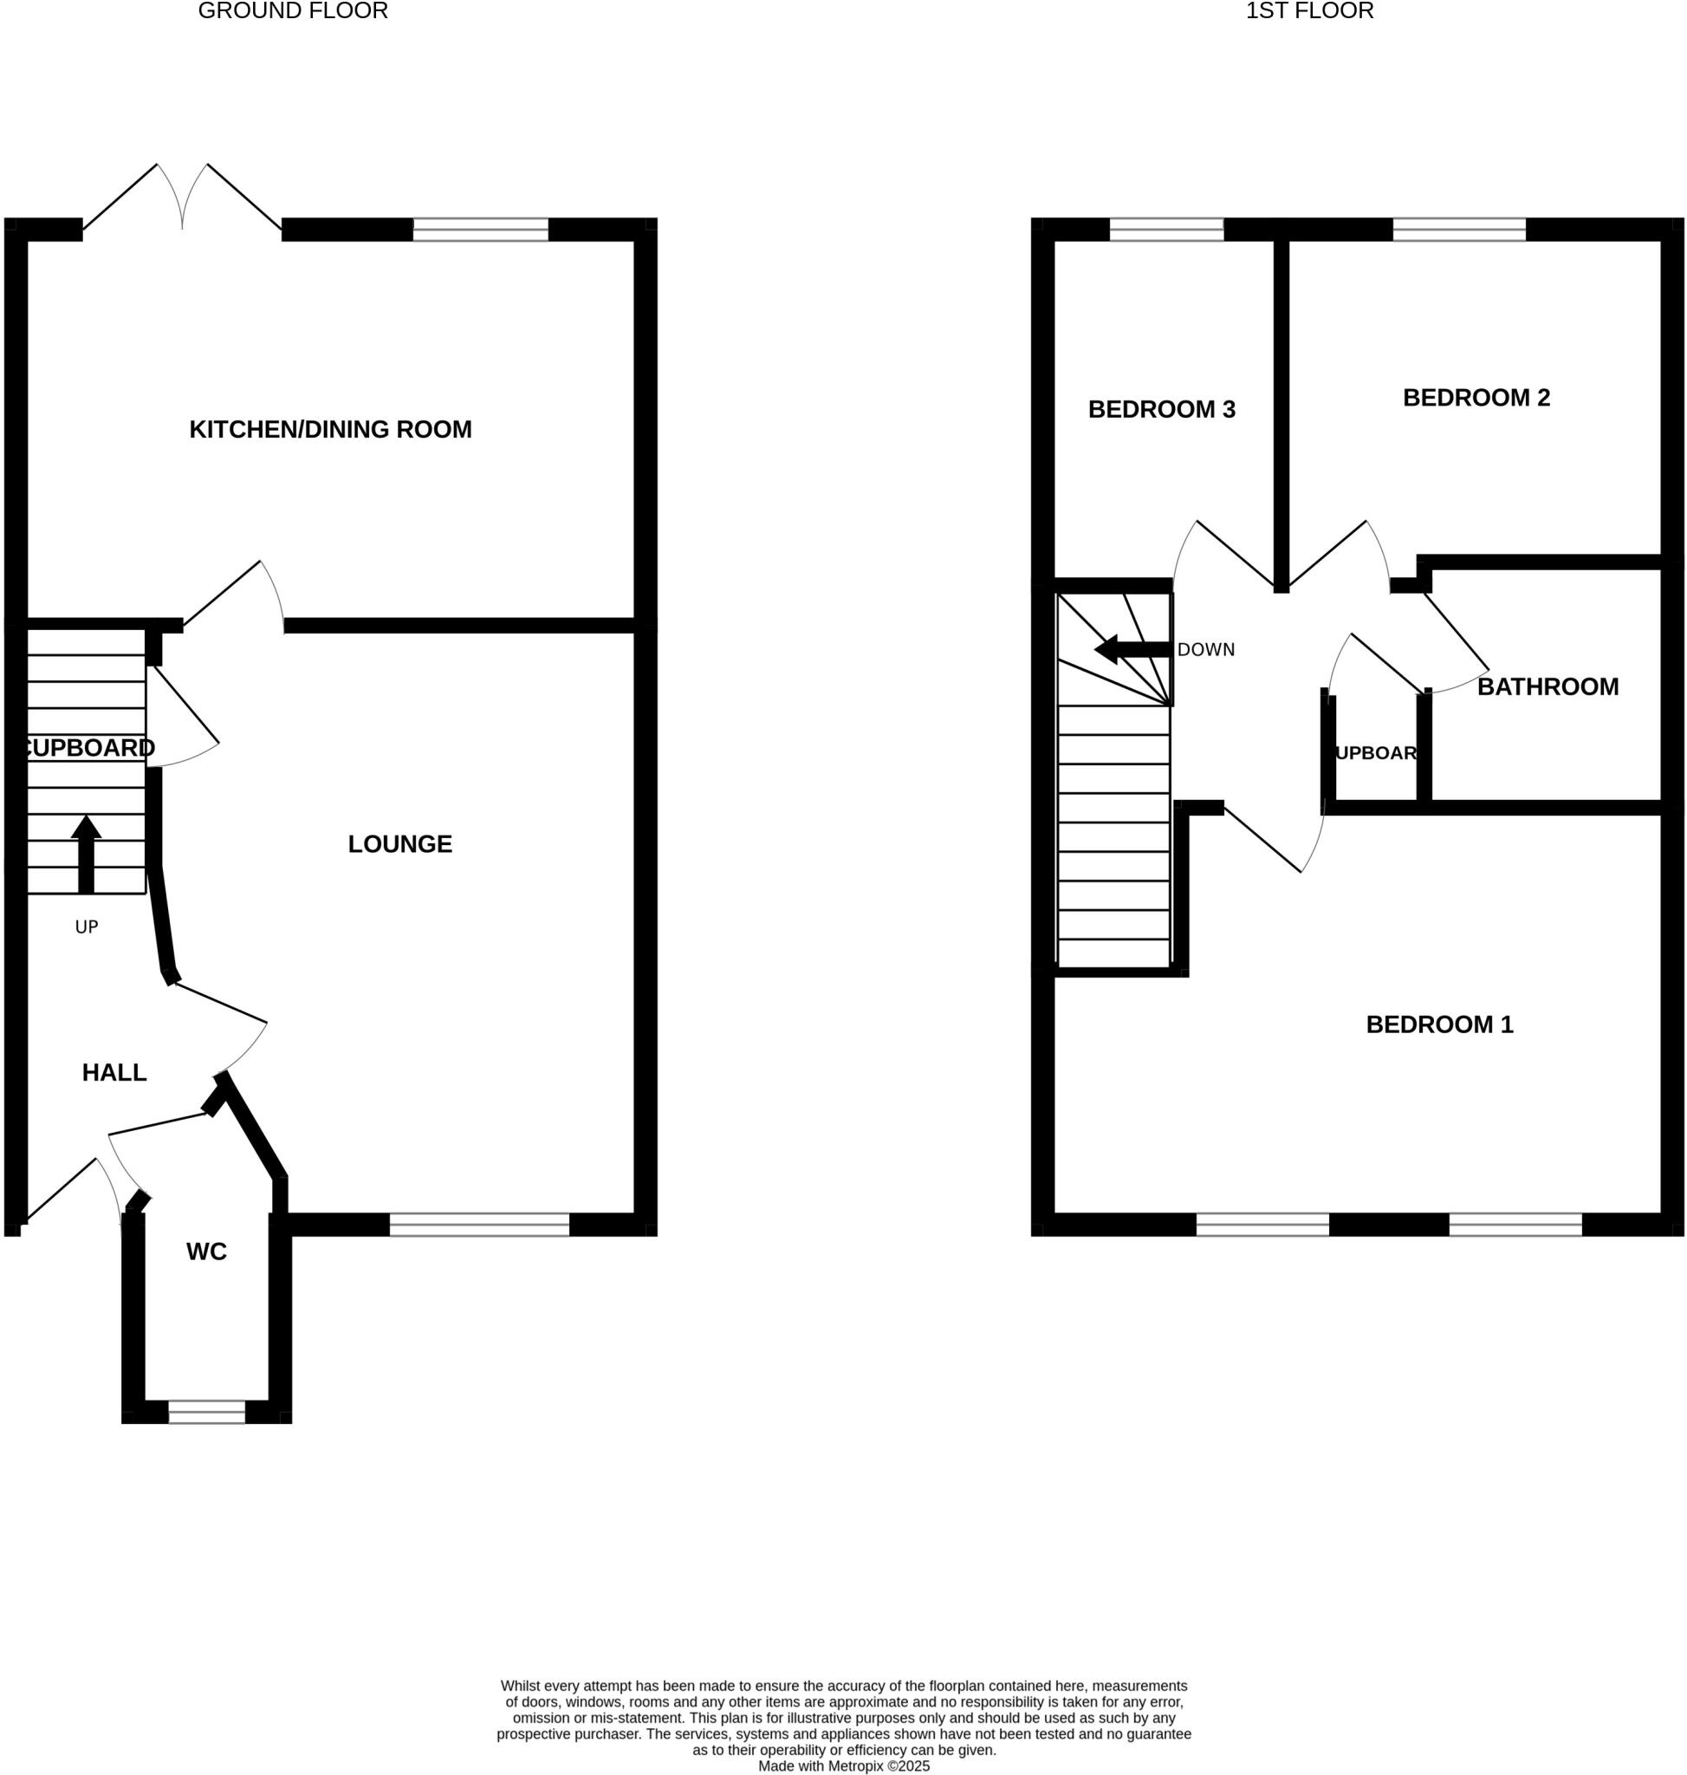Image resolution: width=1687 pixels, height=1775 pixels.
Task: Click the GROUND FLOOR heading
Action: click(x=292, y=11)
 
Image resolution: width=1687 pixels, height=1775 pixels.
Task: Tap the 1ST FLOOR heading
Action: click(x=1309, y=11)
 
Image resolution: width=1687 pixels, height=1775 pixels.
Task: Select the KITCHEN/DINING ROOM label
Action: click(x=330, y=429)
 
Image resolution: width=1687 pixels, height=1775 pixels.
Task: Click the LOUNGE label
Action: click(x=399, y=844)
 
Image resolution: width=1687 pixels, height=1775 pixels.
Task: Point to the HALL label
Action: click(x=114, y=1072)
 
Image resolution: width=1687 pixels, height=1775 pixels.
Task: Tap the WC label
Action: click(x=206, y=1252)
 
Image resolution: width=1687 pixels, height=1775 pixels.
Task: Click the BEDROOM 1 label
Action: click(x=1440, y=1024)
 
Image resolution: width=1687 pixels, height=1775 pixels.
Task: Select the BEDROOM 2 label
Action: click(x=1476, y=398)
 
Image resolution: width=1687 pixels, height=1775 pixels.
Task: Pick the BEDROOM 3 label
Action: click(x=1161, y=409)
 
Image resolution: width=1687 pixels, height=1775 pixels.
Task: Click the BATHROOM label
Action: click(x=1547, y=687)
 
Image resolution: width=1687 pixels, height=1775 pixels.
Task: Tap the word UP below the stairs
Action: click(x=87, y=927)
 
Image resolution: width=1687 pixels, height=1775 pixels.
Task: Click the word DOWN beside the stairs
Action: click(x=1205, y=649)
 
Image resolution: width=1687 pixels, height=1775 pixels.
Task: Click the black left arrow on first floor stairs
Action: click(x=1133, y=648)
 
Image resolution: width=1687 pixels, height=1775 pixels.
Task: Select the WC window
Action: click(x=206, y=1412)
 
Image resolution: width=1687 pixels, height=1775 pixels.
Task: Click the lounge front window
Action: click(x=479, y=1225)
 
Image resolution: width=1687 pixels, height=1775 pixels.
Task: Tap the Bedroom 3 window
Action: click(x=1166, y=230)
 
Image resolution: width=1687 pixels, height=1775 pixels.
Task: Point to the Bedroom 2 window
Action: click(x=1458, y=230)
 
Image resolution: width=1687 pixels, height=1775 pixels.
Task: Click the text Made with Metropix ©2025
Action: click(x=844, y=1766)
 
